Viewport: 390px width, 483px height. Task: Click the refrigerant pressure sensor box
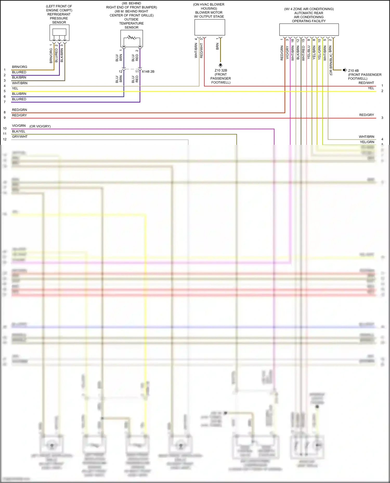[59, 33]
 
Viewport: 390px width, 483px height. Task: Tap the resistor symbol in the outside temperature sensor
[132, 38]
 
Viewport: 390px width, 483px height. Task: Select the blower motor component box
[210, 28]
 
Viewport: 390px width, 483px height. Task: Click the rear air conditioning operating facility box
[309, 30]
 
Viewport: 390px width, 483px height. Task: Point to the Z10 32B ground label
[221, 70]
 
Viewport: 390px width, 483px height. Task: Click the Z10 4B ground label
[353, 71]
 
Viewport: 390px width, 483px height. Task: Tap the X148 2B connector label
[148, 72]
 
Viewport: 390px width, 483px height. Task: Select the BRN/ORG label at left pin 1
[19, 67]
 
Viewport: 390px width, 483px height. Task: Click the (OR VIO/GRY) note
[40, 126]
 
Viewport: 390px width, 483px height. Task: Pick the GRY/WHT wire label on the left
[20, 137]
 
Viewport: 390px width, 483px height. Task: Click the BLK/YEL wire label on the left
[19, 131]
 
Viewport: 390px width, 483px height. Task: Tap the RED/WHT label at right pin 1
[366, 83]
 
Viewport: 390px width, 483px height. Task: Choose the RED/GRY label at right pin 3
[367, 115]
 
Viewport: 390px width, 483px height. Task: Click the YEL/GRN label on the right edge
[367, 142]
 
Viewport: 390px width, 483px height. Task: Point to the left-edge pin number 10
[5, 128]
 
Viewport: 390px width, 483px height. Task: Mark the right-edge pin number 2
[382, 91]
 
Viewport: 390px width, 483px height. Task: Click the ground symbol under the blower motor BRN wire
[220, 65]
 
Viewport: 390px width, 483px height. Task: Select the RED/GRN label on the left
[19, 110]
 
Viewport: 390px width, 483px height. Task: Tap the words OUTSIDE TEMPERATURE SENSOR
[132, 23]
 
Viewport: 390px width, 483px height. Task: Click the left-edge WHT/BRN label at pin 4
[20, 83]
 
